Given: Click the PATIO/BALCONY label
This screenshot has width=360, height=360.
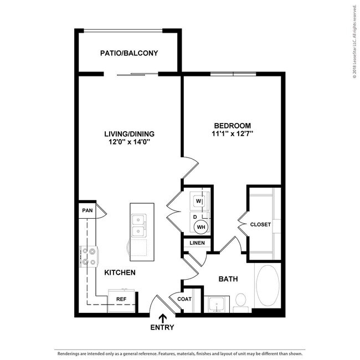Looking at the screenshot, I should tap(129, 54).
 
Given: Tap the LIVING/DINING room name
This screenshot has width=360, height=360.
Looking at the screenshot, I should tap(129, 134).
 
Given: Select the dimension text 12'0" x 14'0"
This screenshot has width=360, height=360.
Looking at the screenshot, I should tap(129, 142).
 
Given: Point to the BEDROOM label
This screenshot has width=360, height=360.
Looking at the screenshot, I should tap(232, 126).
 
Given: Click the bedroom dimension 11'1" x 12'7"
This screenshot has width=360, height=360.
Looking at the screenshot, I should tap(232, 134).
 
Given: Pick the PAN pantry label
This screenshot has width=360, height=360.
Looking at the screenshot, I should tap(86, 210).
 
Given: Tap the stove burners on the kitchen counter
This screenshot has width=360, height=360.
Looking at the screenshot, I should tap(89, 256).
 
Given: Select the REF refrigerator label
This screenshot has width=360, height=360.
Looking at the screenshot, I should tap(120, 300).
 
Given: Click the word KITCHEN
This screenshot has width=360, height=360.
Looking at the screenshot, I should tap(120, 272).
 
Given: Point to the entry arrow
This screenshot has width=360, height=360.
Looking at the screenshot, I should tap(162, 318).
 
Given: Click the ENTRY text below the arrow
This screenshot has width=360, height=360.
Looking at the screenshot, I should tap(162, 327).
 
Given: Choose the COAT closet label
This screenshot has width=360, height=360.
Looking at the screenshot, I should tap(184, 300).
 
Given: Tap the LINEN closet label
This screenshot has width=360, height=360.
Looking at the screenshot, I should tap(197, 243).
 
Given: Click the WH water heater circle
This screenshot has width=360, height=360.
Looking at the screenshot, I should tap(200, 226).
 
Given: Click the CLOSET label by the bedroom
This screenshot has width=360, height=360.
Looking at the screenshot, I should tap(260, 224).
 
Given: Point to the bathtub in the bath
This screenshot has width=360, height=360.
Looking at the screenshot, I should tap(268, 287).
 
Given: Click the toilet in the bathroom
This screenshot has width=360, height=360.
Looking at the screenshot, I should tap(240, 301).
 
